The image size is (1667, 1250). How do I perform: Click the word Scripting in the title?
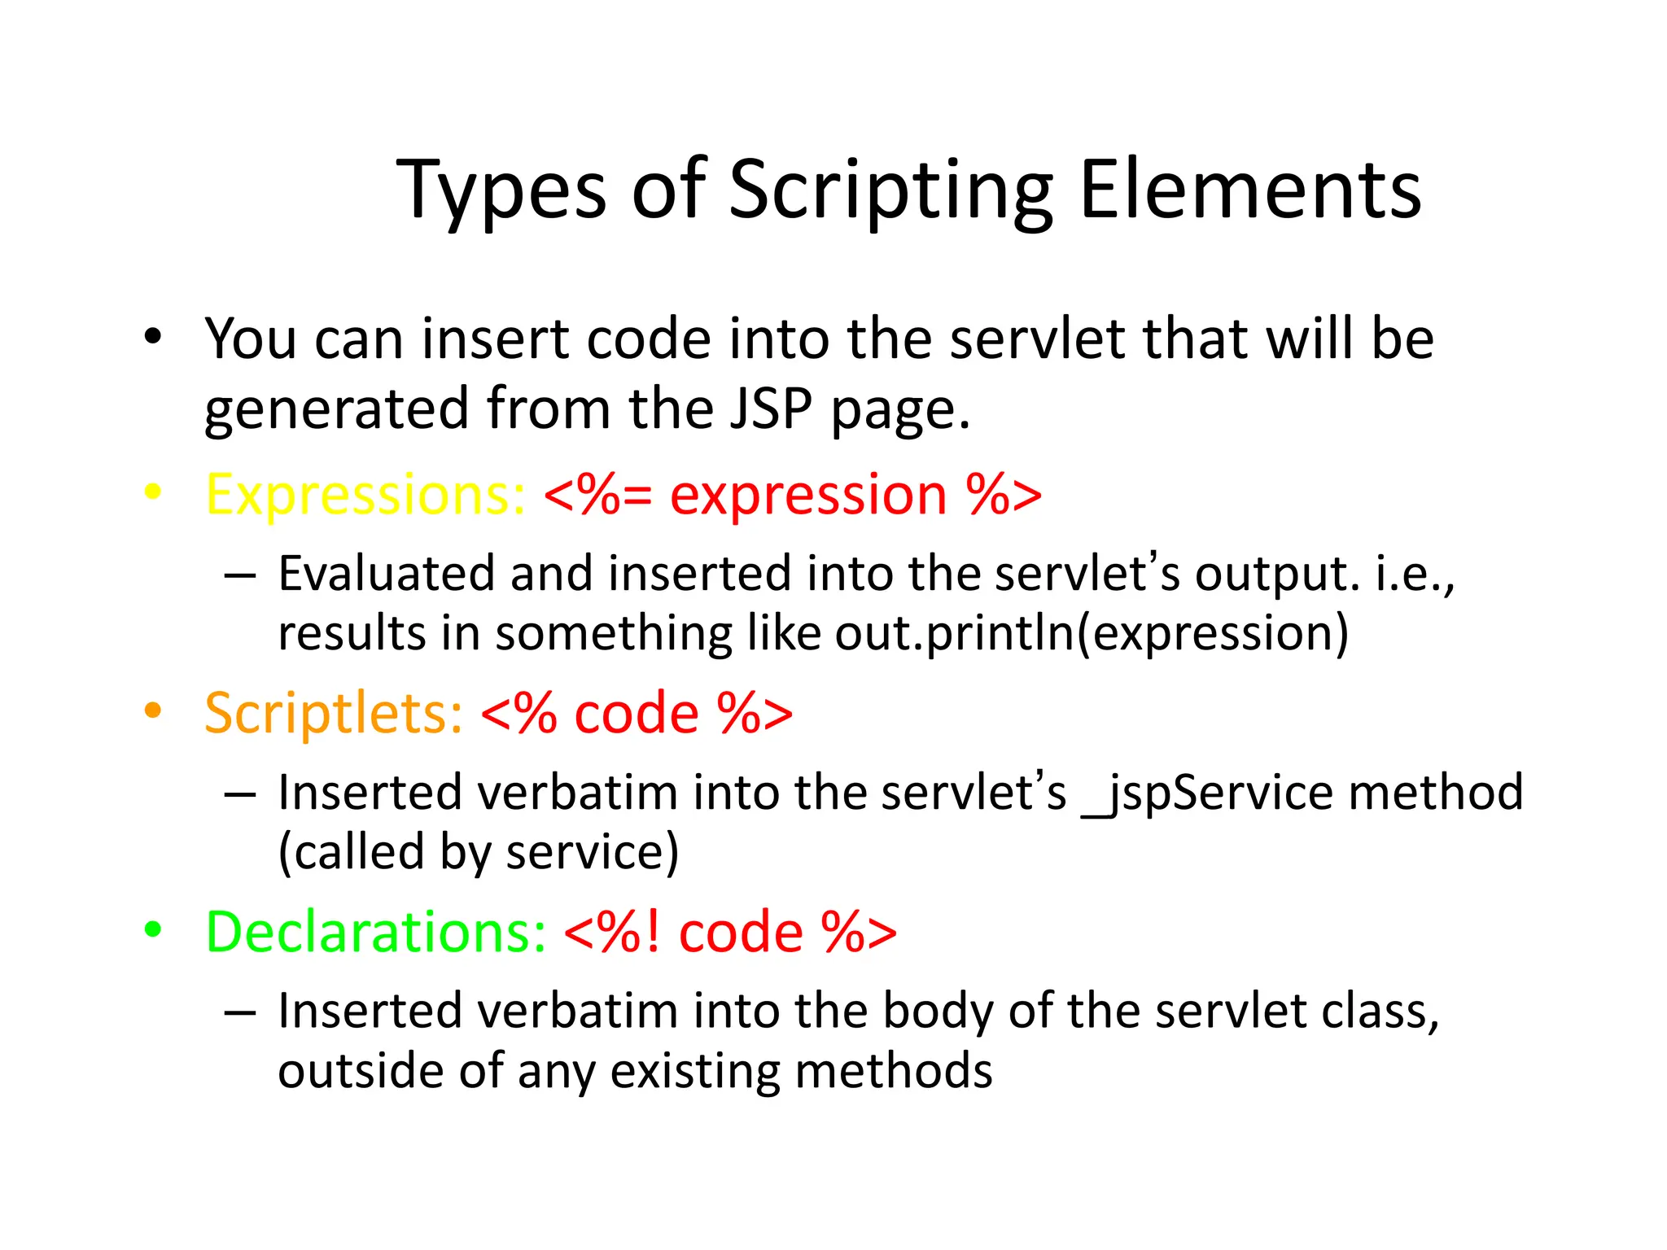(x=890, y=191)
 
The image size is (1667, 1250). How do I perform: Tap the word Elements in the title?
(x=1250, y=190)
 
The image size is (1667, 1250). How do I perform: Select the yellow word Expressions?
(x=365, y=494)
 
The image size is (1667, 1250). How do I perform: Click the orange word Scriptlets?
(x=334, y=713)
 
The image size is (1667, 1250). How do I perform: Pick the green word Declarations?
(x=375, y=932)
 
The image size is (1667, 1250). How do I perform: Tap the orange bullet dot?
(x=152, y=710)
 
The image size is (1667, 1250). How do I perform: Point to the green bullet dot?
(x=152, y=929)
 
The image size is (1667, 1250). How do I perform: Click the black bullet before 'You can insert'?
(x=152, y=336)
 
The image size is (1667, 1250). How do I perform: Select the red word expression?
(x=808, y=496)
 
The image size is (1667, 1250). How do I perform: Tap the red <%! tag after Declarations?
(x=612, y=932)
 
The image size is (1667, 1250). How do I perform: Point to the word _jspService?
(x=1207, y=793)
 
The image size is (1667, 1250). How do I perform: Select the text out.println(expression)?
(x=1092, y=633)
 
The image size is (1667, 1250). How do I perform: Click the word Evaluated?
(x=387, y=573)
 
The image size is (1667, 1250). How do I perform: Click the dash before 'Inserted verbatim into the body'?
(x=240, y=1012)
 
